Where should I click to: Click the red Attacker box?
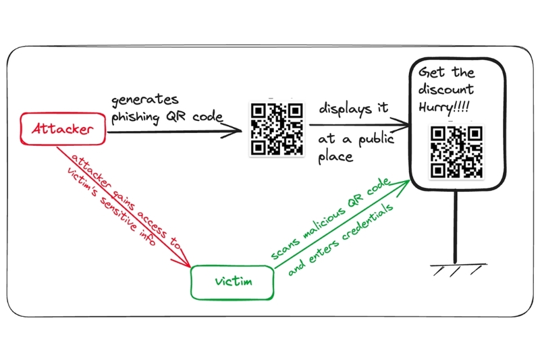pyautogui.click(x=63, y=128)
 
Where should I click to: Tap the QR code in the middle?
pyautogui.click(x=277, y=129)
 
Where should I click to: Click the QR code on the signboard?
pyautogui.click(x=456, y=152)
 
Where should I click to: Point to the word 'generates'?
pyautogui.click(x=145, y=100)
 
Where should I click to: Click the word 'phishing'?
pyautogui.click(x=136, y=117)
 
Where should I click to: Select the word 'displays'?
pyautogui.click(x=346, y=109)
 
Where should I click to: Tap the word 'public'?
pyautogui.click(x=376, y=140)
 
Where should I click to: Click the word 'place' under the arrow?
pyautogui.click(x=335, y=157)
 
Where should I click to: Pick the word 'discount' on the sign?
pyautogui.click(x=446, y=89)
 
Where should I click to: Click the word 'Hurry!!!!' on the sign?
pyautogui.click(x=444, y=107)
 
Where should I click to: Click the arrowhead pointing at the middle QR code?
pyautogui.click(x=232, y=131)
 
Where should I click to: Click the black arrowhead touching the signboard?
pyautogui.click(x=400, y=125)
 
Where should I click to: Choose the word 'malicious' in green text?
pyautogui.click(x=323, y=224)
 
